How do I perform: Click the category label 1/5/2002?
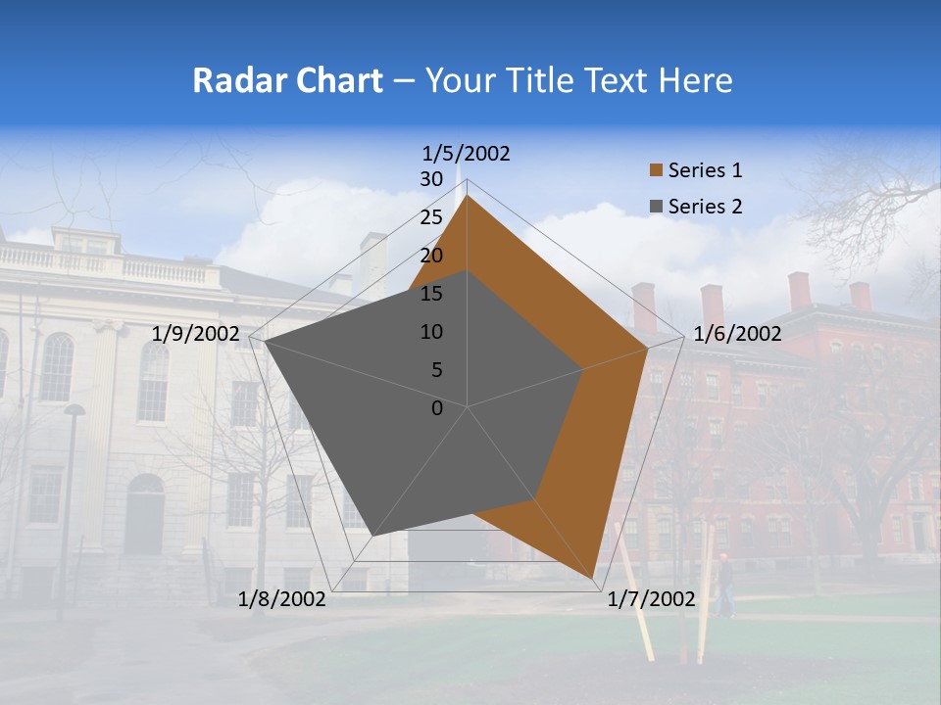[467, 153]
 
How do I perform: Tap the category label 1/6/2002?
[737, 334]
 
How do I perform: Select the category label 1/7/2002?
[652, 599]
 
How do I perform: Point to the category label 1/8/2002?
[282, 599]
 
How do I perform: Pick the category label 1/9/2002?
[196, 334]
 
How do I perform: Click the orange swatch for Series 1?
[656, 170]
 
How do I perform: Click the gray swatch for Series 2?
[656, 207]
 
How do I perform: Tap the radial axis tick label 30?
[431, 179]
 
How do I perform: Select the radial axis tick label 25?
[431, 217]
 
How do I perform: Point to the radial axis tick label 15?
[431, 294]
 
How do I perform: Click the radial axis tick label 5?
[436, 370]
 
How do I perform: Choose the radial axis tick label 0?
[437, 408]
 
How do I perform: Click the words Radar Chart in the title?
[287, 80]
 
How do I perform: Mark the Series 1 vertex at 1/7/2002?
[594, 579]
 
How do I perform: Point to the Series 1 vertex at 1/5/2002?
[468, 196]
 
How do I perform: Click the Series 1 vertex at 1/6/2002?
[648, 348]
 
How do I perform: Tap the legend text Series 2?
[705, 207]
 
